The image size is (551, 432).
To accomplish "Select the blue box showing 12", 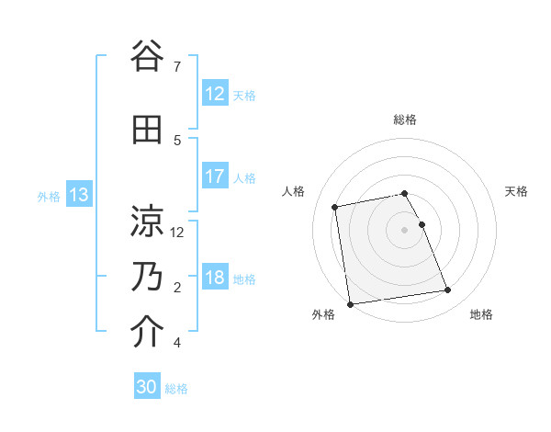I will tap(214, 94).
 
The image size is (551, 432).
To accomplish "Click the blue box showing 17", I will tap(214, 176).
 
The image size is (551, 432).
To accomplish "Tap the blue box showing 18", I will tap(214, 279).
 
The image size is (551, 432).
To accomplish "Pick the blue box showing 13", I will tap(78, 195).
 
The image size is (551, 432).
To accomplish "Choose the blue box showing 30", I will tap(147, 388).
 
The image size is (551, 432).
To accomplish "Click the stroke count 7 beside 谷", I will tap(176, 66).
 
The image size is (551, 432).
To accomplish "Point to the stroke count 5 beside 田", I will tap(177, 140).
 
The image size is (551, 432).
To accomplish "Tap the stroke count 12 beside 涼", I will tap(178, 232).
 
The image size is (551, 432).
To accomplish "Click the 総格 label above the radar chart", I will tap(405, 119).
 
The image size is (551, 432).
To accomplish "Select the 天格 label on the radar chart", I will tap(516, 191).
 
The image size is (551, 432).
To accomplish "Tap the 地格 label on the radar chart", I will tap(481, 315).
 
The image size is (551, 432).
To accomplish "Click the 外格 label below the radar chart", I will tap(323, 315).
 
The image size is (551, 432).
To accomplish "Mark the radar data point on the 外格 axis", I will tap(349, 303).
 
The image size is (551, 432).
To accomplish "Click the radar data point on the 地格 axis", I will tap(447, 290).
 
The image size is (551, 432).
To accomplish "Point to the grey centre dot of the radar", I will tap(405, 229).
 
